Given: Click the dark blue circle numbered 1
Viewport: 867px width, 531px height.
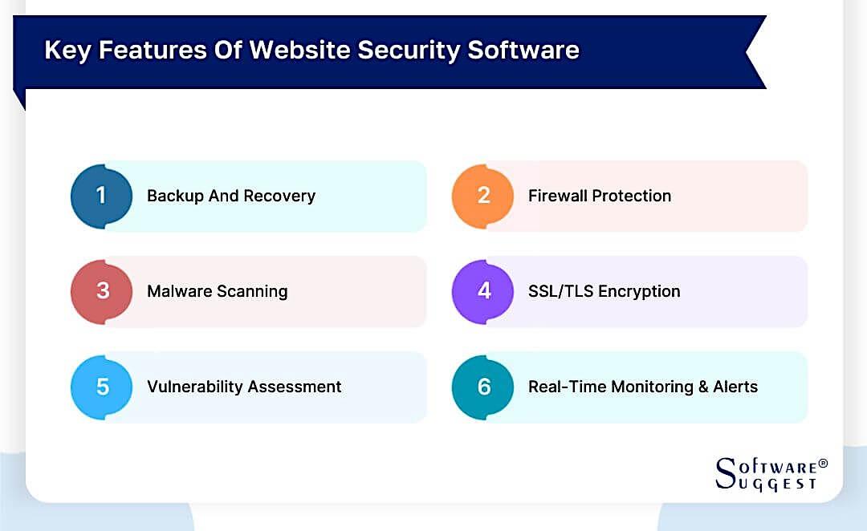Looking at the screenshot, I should click(x=101, y=196).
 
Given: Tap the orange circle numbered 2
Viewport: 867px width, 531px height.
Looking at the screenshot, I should click(x=482, y=196).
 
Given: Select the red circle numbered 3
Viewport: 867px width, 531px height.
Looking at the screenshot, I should click(x=101, y=291).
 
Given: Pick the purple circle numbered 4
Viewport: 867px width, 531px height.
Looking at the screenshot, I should click(x=482, y=291).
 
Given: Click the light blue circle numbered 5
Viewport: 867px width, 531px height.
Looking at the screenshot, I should click(x=101, y=387).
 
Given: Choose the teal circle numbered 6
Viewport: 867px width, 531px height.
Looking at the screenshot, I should click(x=482, y=387).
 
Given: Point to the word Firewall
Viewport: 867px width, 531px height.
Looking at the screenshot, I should click(x=558, y=197).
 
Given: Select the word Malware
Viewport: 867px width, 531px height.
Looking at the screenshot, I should click(x=178, y=292).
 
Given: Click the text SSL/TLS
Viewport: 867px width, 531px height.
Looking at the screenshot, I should click(x=560, y=292).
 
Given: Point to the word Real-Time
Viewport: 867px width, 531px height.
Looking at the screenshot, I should click(x=567, y=387).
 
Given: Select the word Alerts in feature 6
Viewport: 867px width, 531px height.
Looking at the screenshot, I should click(x=735, y=387).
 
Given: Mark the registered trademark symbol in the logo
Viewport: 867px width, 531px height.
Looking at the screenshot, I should click(x=823, y=464).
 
